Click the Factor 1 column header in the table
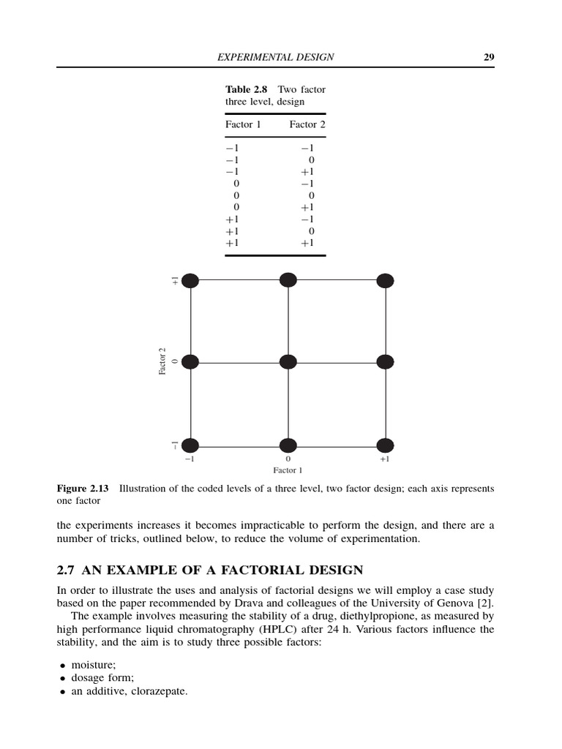243,124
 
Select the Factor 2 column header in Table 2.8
307,124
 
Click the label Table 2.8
247,89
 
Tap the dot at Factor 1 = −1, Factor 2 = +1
190,280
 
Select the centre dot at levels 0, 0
288,362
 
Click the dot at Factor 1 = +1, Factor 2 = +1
385,280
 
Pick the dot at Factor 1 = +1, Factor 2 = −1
385,445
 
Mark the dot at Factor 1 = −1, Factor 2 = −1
190,445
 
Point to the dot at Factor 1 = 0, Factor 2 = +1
288,280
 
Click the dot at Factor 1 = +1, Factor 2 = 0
385,361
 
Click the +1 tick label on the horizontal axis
384,460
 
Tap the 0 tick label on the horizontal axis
288,460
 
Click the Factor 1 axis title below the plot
288,470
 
